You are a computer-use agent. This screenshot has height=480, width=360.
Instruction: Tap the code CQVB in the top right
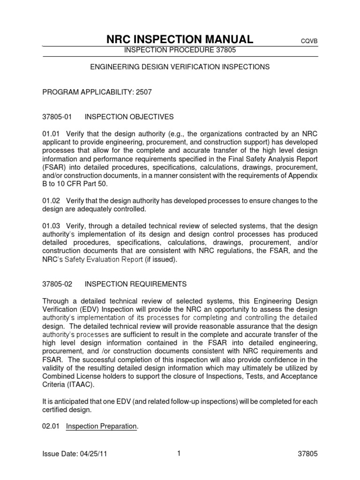(x=309, y=41)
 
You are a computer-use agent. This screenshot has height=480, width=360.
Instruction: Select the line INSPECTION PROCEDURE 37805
(x=180, y=51)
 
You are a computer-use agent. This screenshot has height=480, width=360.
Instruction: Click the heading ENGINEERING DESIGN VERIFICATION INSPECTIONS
(x=180, y=67)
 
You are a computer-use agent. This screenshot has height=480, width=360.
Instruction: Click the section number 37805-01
(x=57, y=116)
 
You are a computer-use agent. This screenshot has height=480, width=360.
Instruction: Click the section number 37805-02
(x=57, y=284)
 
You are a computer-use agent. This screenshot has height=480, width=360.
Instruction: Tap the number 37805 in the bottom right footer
(x=308, y=455)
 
